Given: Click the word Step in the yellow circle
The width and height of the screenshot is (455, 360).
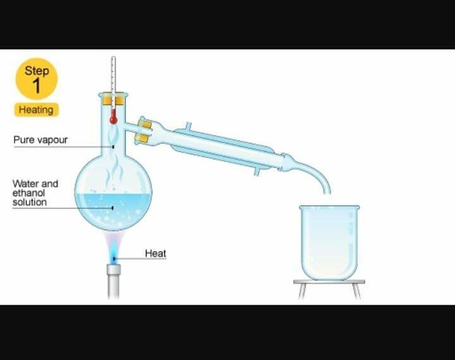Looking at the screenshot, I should [37, 70].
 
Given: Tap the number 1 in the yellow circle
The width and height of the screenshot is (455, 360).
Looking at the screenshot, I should [37, 85].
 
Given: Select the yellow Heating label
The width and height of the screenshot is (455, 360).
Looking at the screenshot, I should [36, 109].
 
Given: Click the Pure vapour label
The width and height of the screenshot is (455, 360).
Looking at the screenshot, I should [40, 139].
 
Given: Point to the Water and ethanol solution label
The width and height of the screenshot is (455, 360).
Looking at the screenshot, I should [34, 193].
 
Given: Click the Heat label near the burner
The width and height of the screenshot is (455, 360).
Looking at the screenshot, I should [155, 253].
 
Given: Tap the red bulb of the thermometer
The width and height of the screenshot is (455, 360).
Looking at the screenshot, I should [113, 118].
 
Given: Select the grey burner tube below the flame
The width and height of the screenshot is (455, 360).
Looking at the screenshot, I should [114, 281].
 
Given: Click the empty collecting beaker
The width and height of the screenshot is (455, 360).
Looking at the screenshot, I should [329, 240].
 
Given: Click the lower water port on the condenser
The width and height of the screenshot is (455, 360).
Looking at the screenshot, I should [256, 172].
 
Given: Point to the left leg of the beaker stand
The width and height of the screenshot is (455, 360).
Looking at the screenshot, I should [301, 291].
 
